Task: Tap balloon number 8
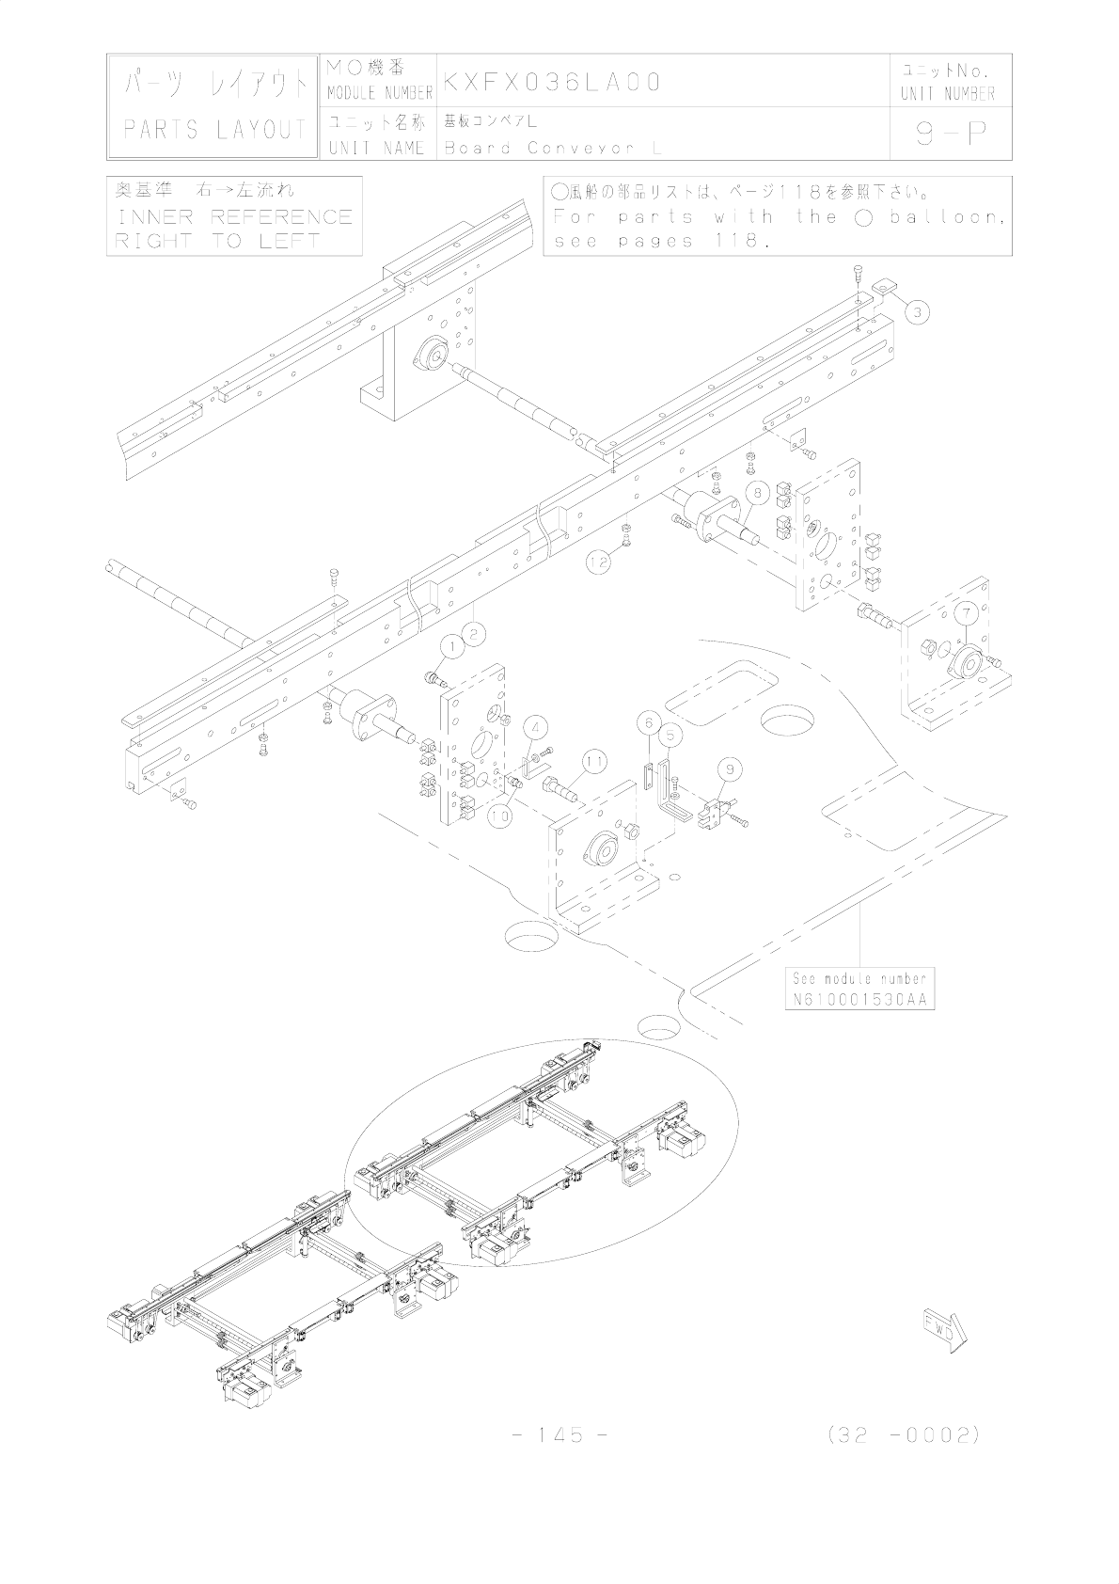click(x=759, y=490)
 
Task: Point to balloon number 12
click(x=599, y=562)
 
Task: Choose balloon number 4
click(x=535, y=727)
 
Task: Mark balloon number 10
click(x=500, y=816)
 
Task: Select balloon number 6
click(x=648, y=722)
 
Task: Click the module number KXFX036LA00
click(x=553, y=82)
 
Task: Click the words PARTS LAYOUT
click(x=215, y=130)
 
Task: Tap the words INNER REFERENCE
click(x=233, y=217)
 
